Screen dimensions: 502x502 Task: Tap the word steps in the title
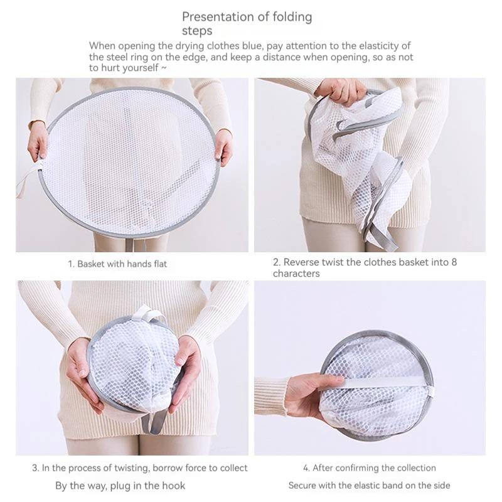[x=197, y=31]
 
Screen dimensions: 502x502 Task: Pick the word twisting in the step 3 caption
[x=132, y=468]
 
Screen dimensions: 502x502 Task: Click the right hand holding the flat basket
[x=223, y=146]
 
